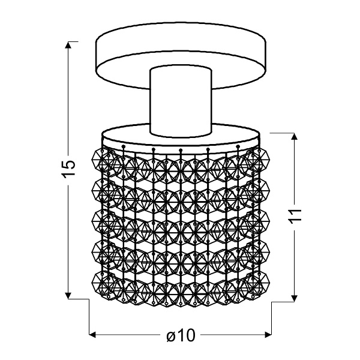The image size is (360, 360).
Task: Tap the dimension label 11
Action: (x=294, y=218)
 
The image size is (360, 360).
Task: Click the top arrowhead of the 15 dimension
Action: (x=70, y=46)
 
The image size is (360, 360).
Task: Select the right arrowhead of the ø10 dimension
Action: (x=271, y=334)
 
